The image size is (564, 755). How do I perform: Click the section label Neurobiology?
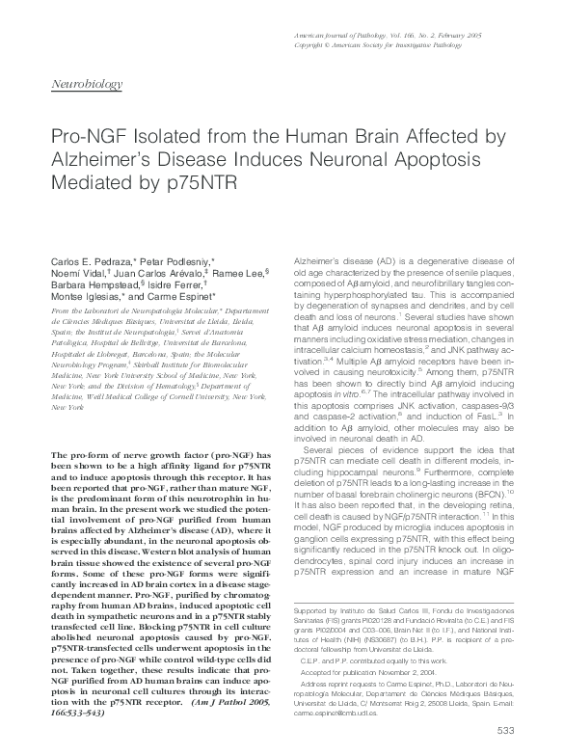tap(86, 84)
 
